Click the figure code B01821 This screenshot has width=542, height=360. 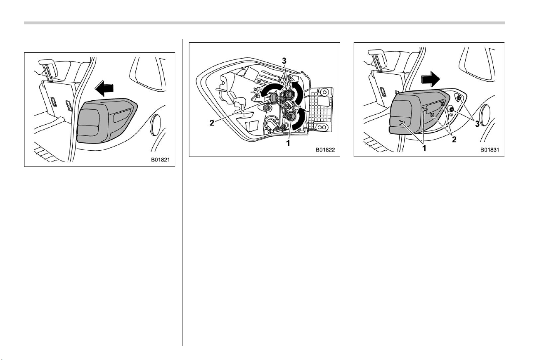(x=161, y=160)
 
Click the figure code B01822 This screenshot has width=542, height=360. (x=325, y=150)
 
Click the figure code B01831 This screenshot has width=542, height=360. (x=490, y=150)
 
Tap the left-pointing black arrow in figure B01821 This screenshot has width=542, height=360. (x=104, y=88)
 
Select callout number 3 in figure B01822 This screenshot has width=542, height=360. (x=284, y=61)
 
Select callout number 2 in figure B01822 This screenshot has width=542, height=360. (x=212, y=123)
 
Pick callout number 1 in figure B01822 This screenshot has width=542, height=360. (x=288, y=143)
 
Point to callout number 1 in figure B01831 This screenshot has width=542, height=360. (x=424, y=148)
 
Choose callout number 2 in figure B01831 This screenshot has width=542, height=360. (x=454, y=140)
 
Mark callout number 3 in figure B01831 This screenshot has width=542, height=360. (x=477, y=124)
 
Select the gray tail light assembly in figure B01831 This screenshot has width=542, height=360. (x=419, y=111)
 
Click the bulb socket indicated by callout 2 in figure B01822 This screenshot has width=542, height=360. (x=274, y=98)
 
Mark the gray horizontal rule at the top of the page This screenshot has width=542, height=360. (x=264, y=23)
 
